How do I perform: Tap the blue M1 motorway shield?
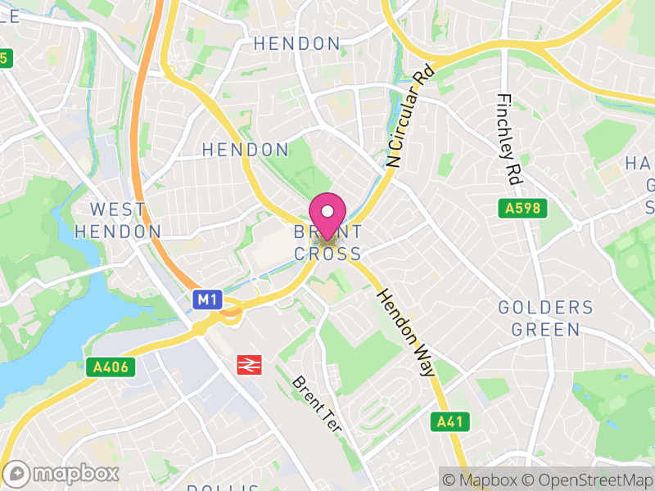pyautogui.click(x=207, y=300)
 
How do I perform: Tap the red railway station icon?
pyautogui.click(x=248, y=365)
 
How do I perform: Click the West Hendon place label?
pyautogui.click(x=118, y=221)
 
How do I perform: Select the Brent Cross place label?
pyautogui.click(x=327, y=244)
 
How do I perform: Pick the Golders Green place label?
pyautogui.click(x=545, y=319)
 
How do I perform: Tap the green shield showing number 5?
pyautogui.click(x=7, y=58)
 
